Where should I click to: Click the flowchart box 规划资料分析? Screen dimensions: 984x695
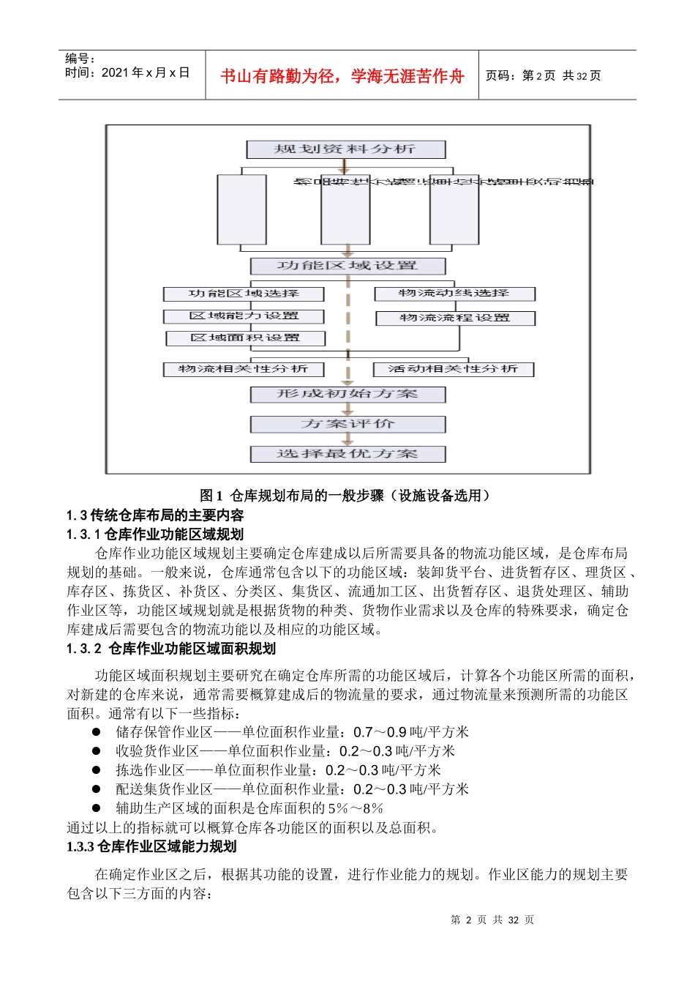pos(345,149)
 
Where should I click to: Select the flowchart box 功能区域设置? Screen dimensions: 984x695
pos(347,266)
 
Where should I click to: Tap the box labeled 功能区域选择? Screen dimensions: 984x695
pos(244,294)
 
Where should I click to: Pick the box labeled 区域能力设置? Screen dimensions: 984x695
pos(244,316)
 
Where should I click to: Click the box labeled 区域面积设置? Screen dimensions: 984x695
pos(245,338)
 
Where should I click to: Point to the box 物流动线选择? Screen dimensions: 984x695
pos(454,294)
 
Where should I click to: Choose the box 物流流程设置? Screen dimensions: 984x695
pos(455,318)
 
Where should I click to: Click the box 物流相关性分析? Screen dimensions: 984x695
pos(243,369)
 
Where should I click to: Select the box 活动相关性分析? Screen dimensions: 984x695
pos(454,369)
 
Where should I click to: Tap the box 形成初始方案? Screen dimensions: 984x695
pos(347,395)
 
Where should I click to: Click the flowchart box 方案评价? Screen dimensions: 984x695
pos(347,424)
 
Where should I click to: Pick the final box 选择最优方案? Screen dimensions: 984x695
pos(347,454)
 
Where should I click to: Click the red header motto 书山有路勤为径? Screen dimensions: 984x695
pos(342,76)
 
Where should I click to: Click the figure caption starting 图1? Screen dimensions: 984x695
pos(346,496)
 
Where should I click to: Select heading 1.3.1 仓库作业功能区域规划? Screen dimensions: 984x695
pos(155,534)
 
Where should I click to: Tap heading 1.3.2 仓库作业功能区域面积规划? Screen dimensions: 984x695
pos(171,649)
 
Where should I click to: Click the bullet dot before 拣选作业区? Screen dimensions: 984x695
pos(96,770)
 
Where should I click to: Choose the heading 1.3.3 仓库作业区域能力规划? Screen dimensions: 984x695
pos(151,847)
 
